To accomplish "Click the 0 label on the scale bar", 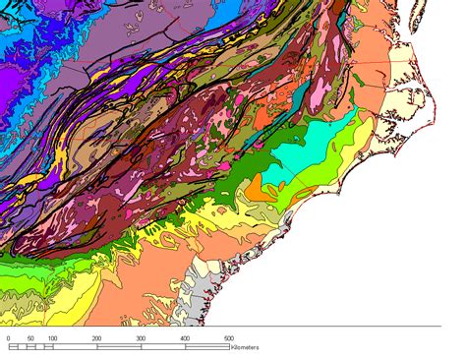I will pos(9,338).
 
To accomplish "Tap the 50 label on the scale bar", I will pos(30,338).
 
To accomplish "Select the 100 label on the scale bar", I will pos(53,338).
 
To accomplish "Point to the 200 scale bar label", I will pos(96,338).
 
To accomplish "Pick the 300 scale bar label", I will pos(141,338).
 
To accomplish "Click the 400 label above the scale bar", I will pos(185,338).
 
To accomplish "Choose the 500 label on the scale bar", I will pos(228,338).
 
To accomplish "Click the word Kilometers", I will pos(246,347).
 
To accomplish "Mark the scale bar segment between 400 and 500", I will pos(206,346).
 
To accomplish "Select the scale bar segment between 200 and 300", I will pos(119,346).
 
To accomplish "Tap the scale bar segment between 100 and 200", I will pos(75,346).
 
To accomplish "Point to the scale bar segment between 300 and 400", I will pos(162,346).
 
